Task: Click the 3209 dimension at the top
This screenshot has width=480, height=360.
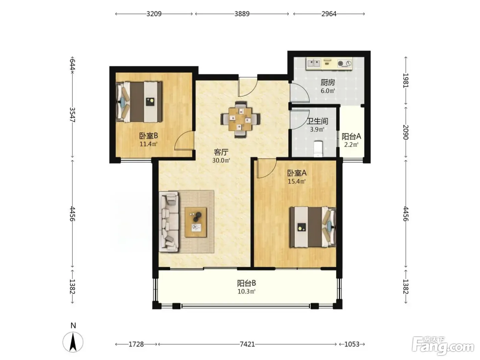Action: pyautogui.click(x=154, y=14)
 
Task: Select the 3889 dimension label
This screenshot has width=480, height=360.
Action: pyautogui.click(x=242, y=14)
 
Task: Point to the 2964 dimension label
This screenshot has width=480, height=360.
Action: pyautogui.click(x=329, y=14)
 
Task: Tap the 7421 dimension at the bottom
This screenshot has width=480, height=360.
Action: pyautogui.click(x=247, y=344)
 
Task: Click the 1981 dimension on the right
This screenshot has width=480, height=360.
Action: pyautogui.click(x=406, y=81)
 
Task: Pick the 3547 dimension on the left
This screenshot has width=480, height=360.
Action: pyautogui.click(x=72, y=115)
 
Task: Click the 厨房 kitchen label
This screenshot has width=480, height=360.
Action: pyautogui.click(x=327, y=83)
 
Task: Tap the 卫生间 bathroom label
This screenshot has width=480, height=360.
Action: pyautogui.click(x=317, y=121)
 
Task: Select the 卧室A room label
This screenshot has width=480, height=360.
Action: pyautogui.click(x=297, y=173)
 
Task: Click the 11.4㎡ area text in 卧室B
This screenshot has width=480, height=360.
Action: pyautogui.click(x=148, y=144)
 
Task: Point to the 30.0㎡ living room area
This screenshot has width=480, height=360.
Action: pyautogui.click(x=221, y=160)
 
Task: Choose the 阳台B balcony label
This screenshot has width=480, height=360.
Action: pyautogui.click(x=247, y=283)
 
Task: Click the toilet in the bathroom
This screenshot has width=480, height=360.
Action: pyautogui.click(x=318, y=149)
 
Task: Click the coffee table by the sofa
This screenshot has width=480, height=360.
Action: pyautogui.click(x=196, y=222)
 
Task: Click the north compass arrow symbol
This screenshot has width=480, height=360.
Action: pyautogui.click(x=73, y=342)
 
